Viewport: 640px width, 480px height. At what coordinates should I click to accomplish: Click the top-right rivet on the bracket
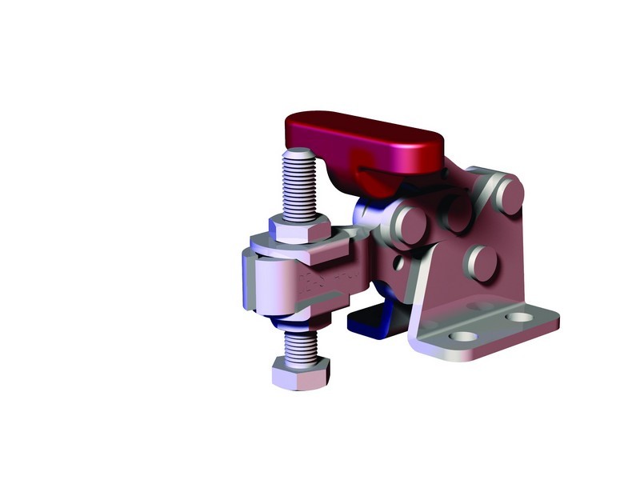(x=506, y=192)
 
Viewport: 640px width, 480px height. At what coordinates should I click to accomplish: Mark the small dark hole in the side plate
(x=398, y=262)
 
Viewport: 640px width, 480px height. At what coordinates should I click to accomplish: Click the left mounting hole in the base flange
(x=461, y=335)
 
